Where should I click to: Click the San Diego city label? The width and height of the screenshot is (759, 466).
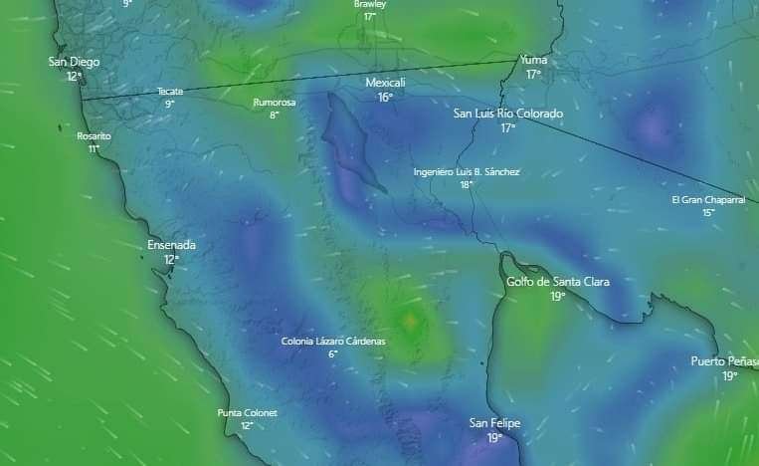click(x=74, y=62)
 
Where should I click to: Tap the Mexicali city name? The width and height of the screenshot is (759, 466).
click(x=385, y=82)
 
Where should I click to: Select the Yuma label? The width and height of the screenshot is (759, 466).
click(x=533, y=60)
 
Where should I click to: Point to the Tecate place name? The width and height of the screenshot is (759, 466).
click(x=170, y=91)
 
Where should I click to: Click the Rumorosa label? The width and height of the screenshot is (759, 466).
click(x=274, y=102)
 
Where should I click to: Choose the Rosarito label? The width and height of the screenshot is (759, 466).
click(x=94, y=135)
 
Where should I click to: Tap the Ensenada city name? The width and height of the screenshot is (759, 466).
click(x=171, y=245)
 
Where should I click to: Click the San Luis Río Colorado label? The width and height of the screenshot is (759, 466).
click(x=507, y=114)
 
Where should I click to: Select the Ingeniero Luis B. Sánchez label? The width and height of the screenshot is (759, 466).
click(x=467, y=171)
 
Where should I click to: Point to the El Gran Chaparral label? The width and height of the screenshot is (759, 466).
click(x=708, y=199)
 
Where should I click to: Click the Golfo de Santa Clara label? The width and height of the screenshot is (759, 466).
click(x=557, y=282)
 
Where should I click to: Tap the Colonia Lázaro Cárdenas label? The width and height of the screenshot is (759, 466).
click(x=333, y=342)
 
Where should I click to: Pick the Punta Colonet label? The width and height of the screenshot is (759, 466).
click(x=247, y=412)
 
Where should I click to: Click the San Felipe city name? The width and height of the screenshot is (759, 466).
click(x=494, y=423)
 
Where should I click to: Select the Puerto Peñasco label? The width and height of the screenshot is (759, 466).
click(x=725, y=361)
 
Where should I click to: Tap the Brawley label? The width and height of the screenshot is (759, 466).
click(x=370, y=4)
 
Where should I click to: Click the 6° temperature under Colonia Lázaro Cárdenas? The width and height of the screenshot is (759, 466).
click(x=333, y=354)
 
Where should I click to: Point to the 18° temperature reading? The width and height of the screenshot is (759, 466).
click(x=466, y=184)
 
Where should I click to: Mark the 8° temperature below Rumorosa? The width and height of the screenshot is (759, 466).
click(x=274, y=115)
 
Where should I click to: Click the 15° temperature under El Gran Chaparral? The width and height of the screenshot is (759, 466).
click(x=708, y=212)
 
